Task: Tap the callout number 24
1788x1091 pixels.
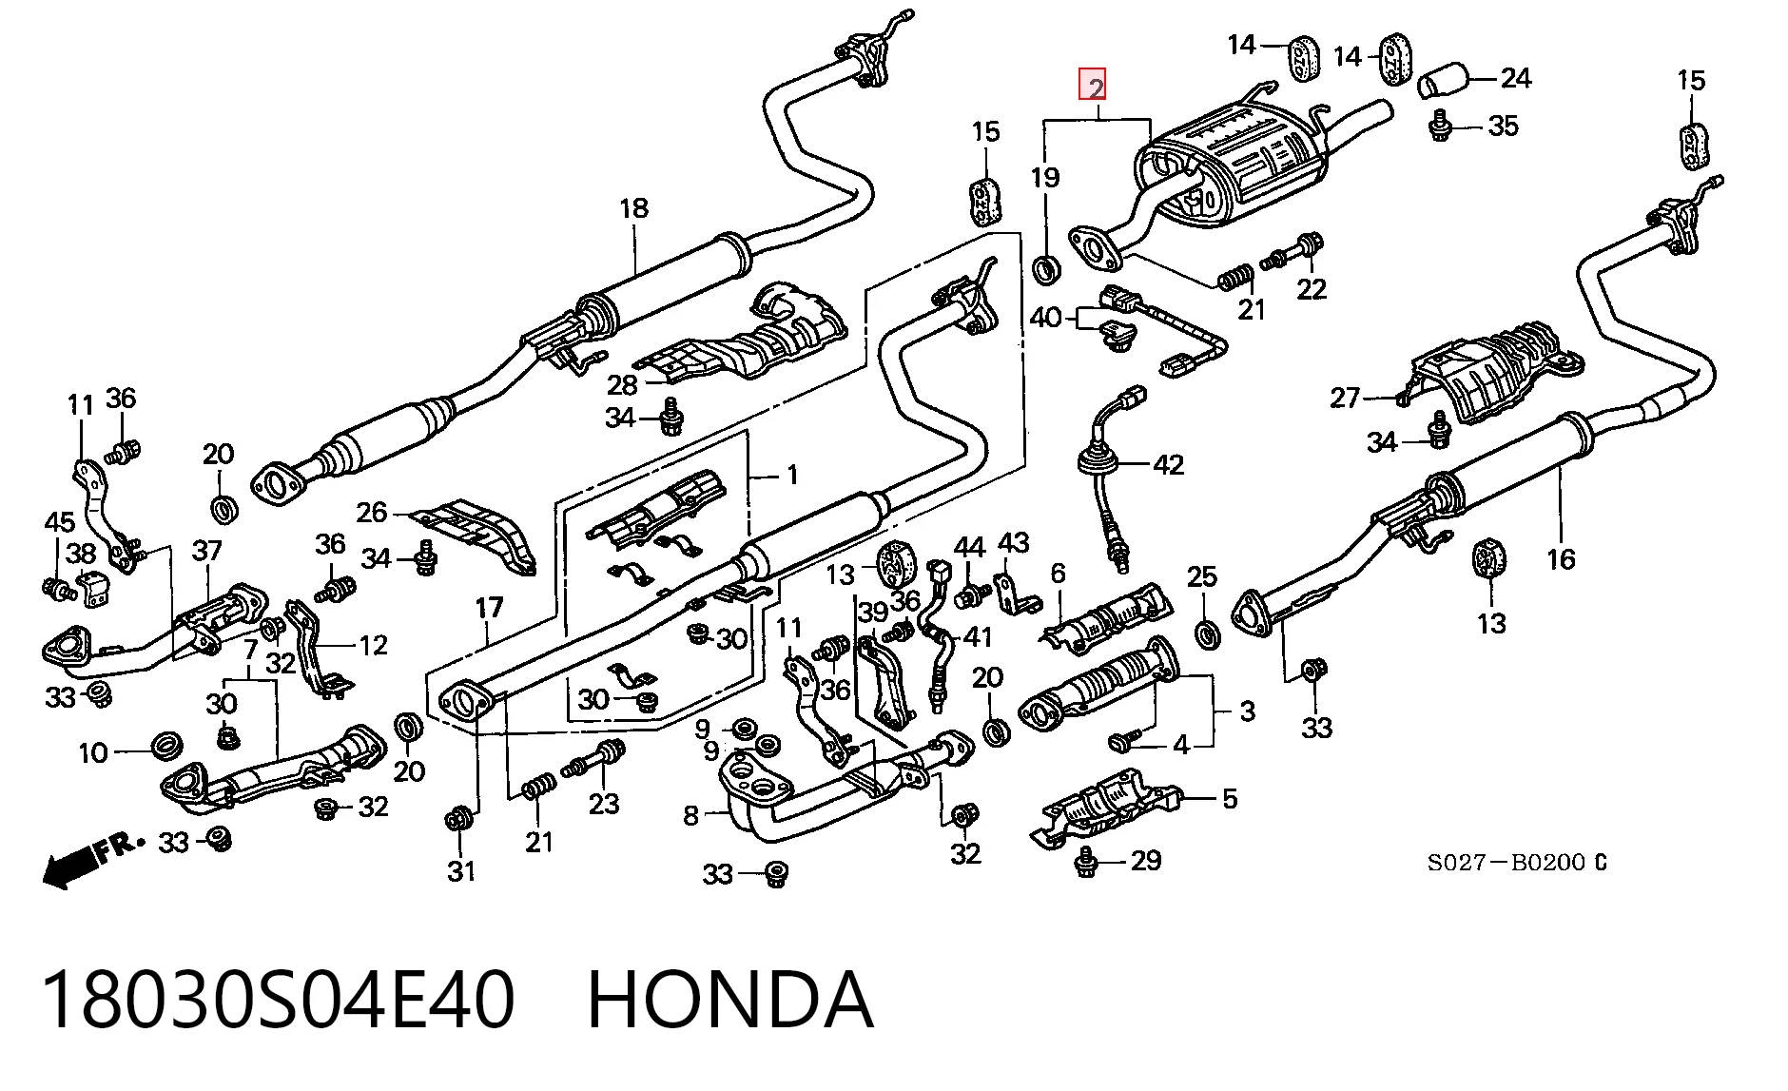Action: coord(1516,78)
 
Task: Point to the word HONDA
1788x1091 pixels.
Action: coord(729,1000)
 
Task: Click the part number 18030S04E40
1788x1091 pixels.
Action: coord(279,1000)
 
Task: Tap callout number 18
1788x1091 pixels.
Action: coord(633,208)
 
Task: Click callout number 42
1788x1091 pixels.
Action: coord(1169,464)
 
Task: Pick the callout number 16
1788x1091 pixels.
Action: coord(1561,558)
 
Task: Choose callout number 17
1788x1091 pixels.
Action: coord(489,608)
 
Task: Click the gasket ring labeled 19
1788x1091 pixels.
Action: coord(1046,269)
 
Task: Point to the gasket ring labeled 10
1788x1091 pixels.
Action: coord(166,746)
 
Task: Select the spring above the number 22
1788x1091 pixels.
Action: coord(1234,277)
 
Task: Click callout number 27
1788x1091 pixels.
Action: coord(1345,398)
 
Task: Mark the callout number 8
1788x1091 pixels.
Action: coord(691,815)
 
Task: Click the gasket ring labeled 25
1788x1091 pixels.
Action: coord(1205,633)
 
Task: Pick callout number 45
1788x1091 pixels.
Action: coord(60,522)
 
